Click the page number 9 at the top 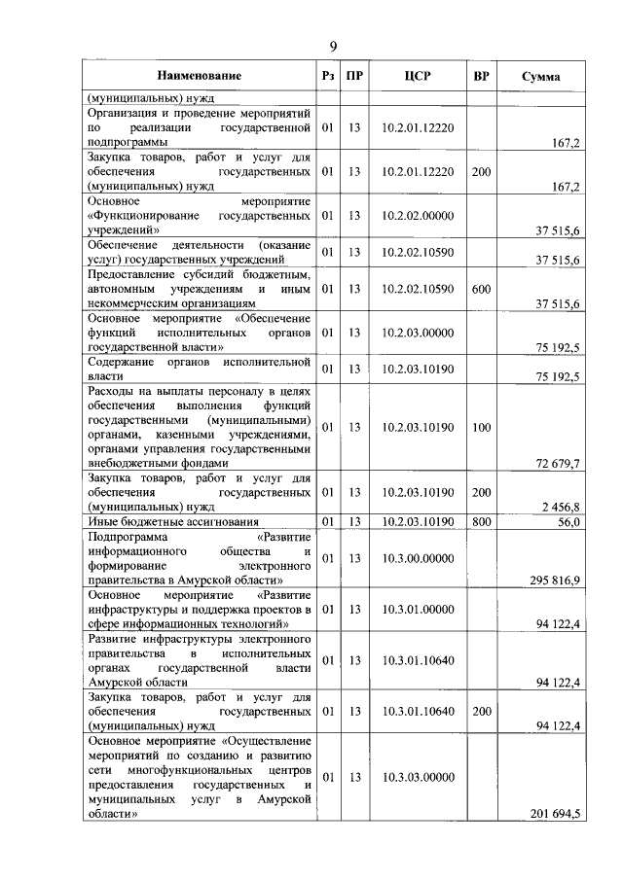(333, 47)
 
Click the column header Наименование (201, 75)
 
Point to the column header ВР (480, 75)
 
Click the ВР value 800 (480, 522)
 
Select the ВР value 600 (480, 289)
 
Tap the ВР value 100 (480, 427)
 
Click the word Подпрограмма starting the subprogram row (128, 536)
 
